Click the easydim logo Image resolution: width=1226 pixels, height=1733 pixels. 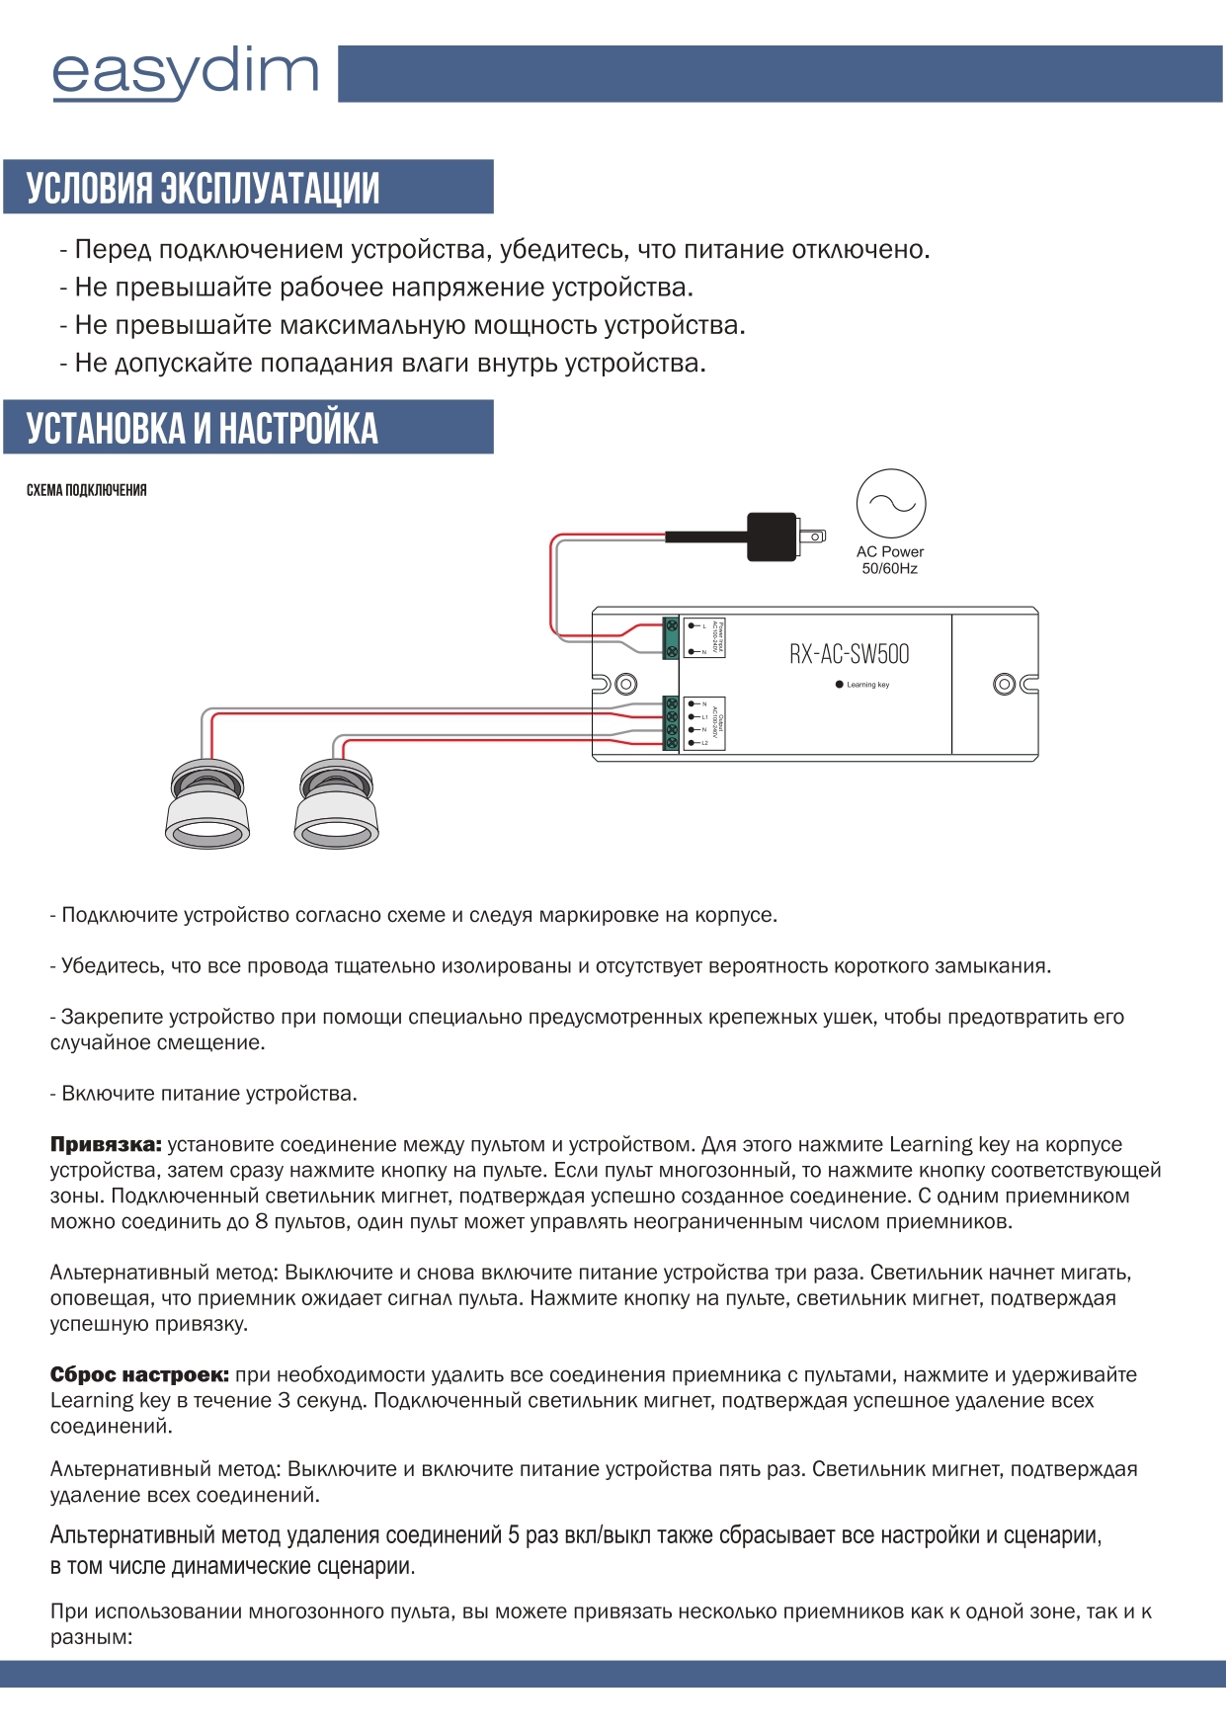185,73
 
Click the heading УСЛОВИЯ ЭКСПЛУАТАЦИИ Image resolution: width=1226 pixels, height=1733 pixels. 203,188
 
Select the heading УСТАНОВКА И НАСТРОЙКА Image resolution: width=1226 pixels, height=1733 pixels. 202,428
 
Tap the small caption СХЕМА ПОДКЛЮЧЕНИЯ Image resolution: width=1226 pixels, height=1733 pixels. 86,491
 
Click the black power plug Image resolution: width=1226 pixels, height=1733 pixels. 774,536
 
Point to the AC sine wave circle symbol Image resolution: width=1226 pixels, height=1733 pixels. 891,504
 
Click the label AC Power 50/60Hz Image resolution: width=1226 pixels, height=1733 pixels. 890,560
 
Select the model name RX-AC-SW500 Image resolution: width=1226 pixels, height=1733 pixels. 849,654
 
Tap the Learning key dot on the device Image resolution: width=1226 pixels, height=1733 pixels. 840,685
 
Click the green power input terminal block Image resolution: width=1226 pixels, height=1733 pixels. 671,638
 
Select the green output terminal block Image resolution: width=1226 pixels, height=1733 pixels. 671,722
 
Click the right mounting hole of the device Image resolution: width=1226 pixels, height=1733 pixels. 1004,684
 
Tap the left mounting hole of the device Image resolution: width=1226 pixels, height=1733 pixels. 625,684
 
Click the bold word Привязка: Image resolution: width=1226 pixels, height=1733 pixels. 106,1145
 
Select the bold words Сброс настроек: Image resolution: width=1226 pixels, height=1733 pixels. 139,1375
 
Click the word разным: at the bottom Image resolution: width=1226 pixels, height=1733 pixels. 91,1637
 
